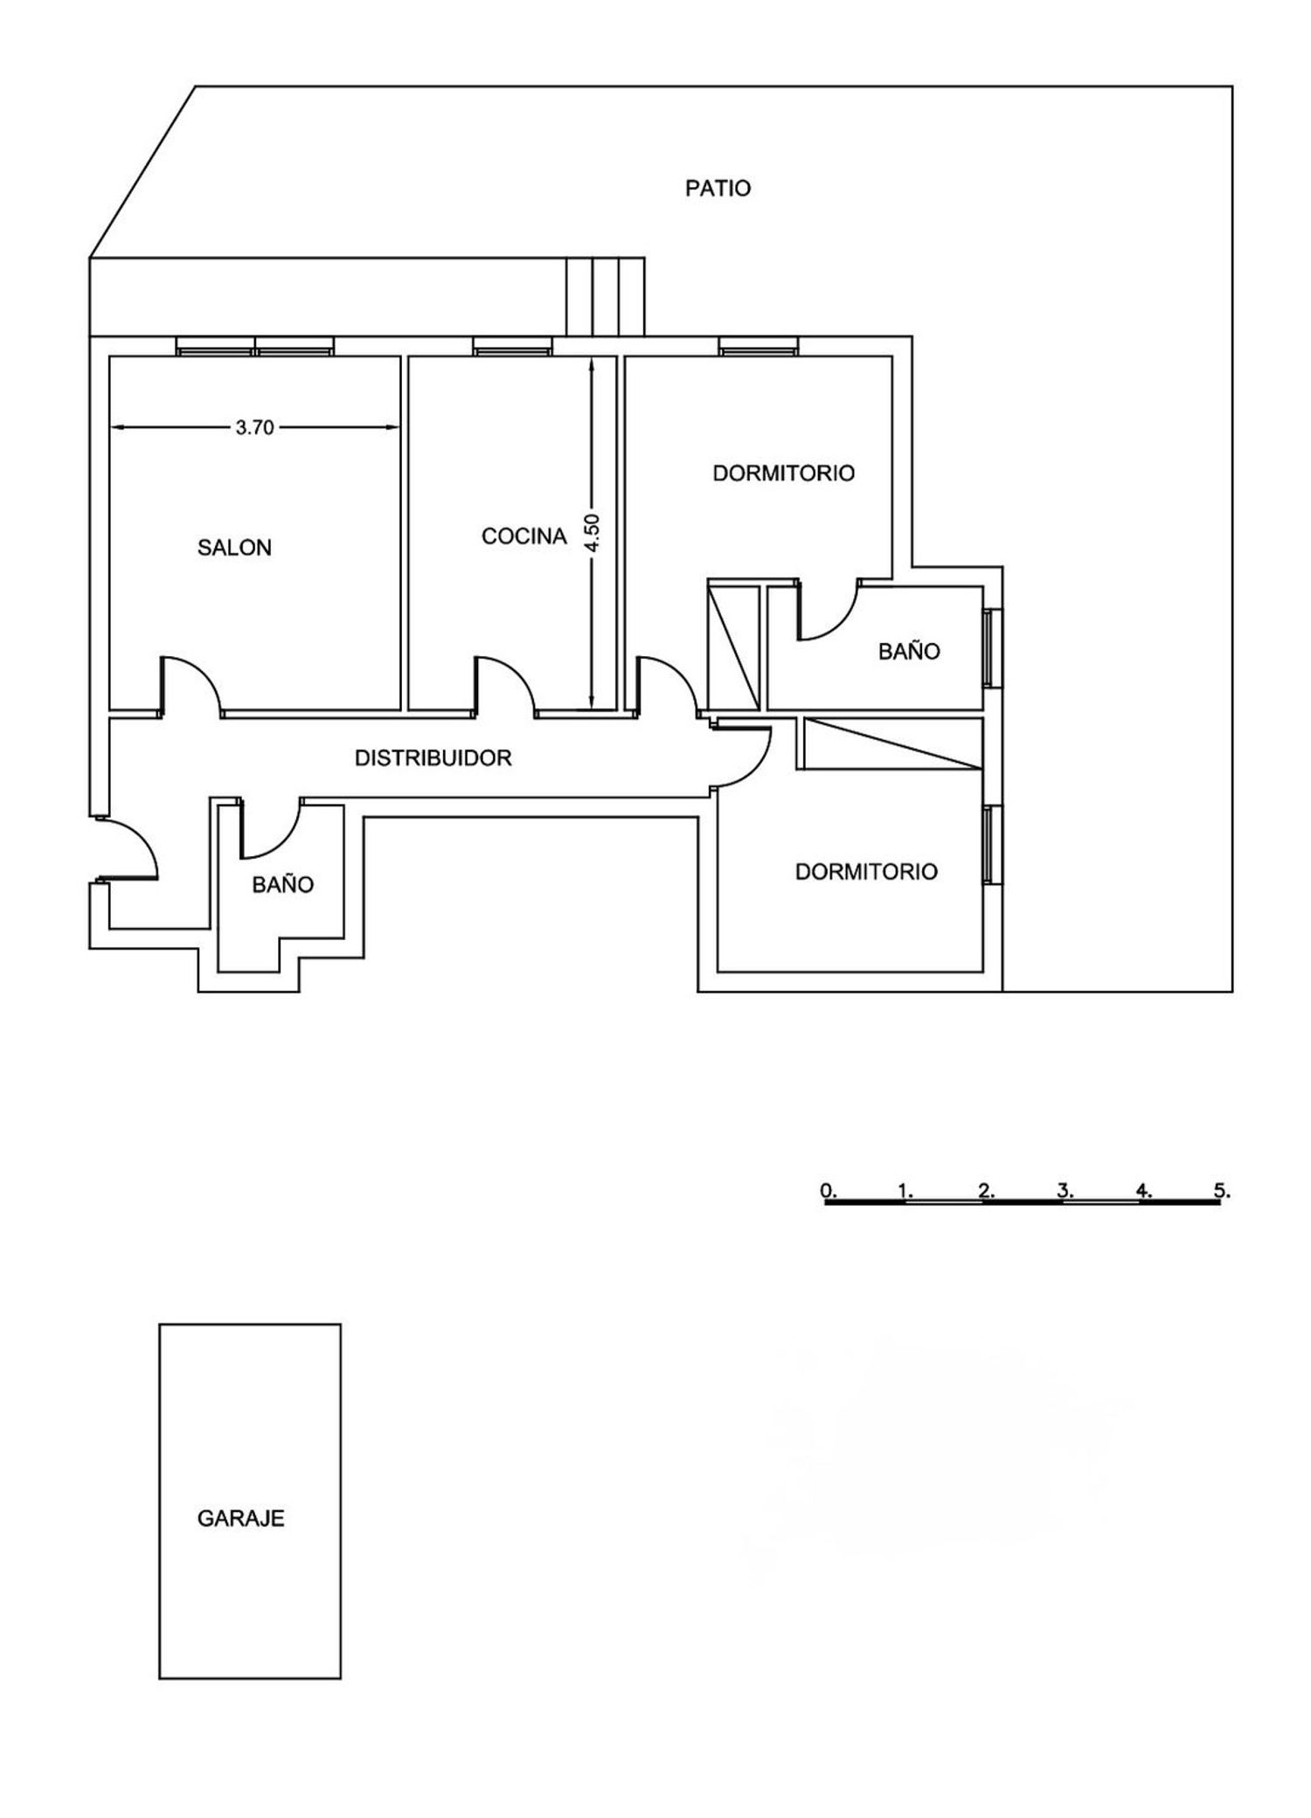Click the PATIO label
[x=718, y=189]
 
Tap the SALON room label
[x=234, y=548]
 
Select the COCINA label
[x=524, y=536]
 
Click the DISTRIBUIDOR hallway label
[x=433, y=758]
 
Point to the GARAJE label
[x=240, y=1518]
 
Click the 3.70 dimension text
[x=255, y=427]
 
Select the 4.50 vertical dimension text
[x=592, y=531]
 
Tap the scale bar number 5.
[x=1222, y=1190]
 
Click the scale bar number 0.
[x=828, y=1190]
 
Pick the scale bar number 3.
[x=1065, y=1190]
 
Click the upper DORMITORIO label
[x=783, y=474]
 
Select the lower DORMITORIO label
[x=866, y=872]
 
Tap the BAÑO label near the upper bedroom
[x=909, y=651]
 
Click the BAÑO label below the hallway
[x=282, y=885]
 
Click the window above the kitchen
[x=512, y=347]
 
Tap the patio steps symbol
[x=605, y=297]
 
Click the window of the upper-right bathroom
[x=991, y=648]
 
